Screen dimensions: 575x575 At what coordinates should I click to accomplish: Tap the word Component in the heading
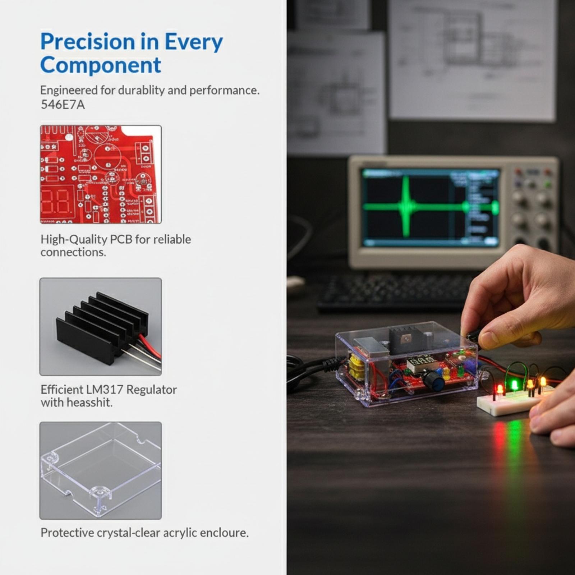point(101,65)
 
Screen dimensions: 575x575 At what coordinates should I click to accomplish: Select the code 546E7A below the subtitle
point(63,105)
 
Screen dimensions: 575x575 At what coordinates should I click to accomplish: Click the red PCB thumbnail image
point(101,174)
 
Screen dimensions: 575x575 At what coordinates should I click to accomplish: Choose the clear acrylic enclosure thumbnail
point(101,470)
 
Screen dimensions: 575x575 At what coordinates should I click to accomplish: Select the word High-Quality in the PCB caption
point(73,240)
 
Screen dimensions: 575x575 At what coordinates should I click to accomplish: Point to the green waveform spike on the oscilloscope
point(406,206)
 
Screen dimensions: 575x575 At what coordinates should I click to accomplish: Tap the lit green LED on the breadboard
point(515,385)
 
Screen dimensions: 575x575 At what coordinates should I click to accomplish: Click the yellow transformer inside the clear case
point(356,367)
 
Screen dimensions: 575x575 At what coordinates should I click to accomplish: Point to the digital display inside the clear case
point(422,362)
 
